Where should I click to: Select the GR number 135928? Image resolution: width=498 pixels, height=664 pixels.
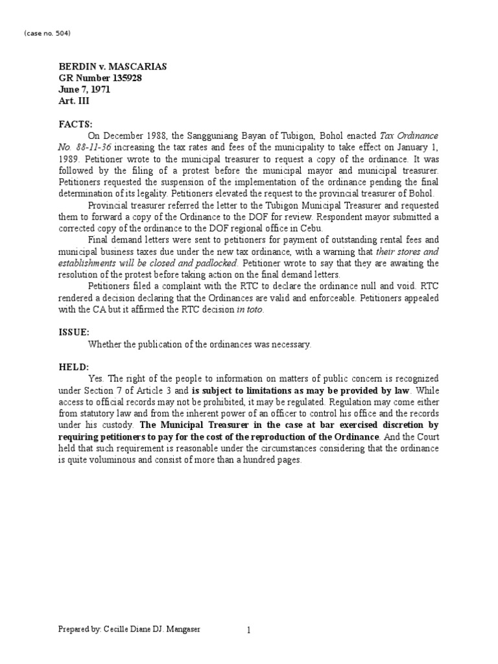[x=101, y=78]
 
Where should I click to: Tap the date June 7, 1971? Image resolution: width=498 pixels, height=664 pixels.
[x=84, y=90]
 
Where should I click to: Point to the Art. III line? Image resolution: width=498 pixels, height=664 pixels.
[x=72, y=102]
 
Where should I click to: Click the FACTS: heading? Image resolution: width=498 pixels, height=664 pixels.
[x=76, y=124]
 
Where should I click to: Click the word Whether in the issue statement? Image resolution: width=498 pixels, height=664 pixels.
[x=106, y=344]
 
